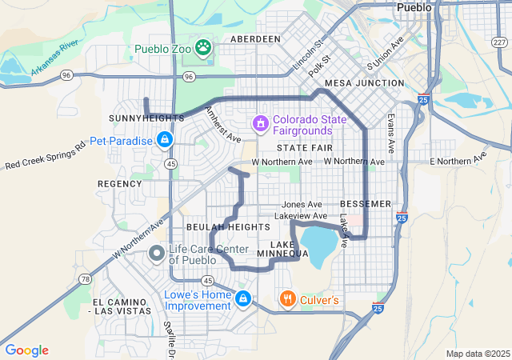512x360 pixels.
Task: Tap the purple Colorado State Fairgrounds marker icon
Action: pyautogui.click(x=260, y=124)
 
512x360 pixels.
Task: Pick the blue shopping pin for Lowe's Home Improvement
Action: pyautogui.click(x=243, y=300)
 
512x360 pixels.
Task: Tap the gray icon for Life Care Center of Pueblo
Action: pyautogui.click(x=157, y=254)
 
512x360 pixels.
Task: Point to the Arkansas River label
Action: pyautogui.click(x=56, y=58)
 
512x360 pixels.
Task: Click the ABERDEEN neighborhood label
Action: pyautogui.click(x=255, y=38)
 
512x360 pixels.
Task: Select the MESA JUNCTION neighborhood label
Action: pyautogui.click(x=364, y=83)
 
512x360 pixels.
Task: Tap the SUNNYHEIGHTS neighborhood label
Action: pyautogui.click(x=141, y=118)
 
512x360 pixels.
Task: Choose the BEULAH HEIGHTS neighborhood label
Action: pyautogui.click(x=228, y=227)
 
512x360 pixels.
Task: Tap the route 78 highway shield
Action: pyautogui.click(x=85, y=278)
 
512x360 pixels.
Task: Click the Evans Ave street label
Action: pyautogui.click(x=390, y=133)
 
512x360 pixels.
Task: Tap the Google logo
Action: pyautogui.click(x=26, y=350)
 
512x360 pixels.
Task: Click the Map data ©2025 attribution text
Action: pyautogui.click(x=477, y=354)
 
